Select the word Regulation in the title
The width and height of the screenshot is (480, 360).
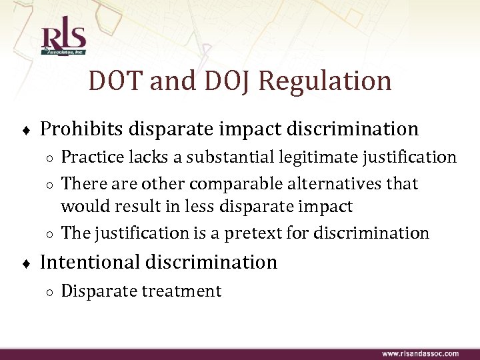click(x=324, y=81)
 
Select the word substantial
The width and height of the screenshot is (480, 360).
click(x=217, y=158)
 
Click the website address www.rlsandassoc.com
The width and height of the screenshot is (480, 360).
click(x=420, y=353)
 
